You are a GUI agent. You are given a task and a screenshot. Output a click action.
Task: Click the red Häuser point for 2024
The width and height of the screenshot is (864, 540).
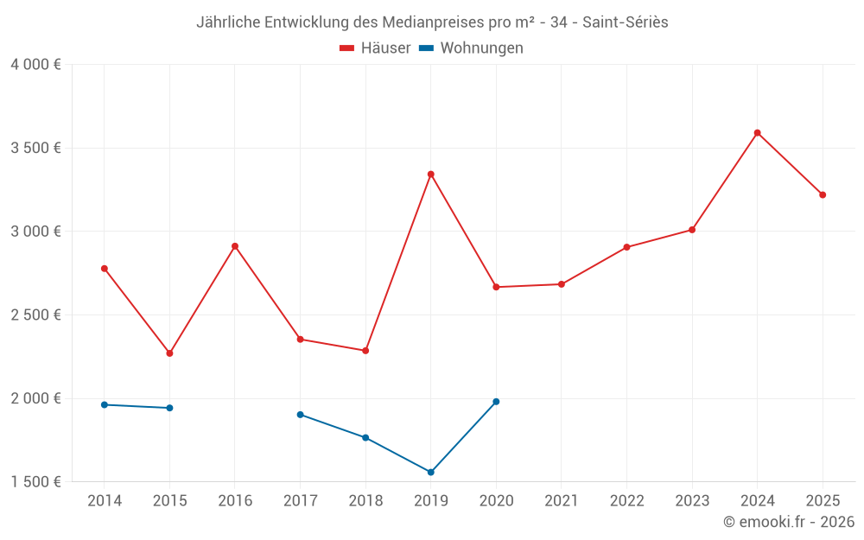(x=757, y=133)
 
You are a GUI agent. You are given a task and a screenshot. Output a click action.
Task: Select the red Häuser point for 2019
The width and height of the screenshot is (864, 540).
(x=430, y=175)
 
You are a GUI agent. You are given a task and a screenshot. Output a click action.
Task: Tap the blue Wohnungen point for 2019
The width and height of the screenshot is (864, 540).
(x=430, y=473)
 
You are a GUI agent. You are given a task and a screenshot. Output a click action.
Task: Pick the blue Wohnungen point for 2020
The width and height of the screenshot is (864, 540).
(x=496, y=402)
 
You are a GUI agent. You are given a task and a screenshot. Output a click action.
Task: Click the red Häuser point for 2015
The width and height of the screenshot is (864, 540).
(x=169, y=353)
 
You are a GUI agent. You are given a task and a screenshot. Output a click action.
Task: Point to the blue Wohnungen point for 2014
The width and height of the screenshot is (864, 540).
(x=105, y=405)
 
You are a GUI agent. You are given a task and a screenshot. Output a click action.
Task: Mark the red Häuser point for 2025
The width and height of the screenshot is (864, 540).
(x=823, y=195)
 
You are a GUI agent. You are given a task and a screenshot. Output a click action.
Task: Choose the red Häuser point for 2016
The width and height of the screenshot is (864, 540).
(x=235, y=246)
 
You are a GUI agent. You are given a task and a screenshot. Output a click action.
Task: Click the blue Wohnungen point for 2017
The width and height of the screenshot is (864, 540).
(x=300, y=415)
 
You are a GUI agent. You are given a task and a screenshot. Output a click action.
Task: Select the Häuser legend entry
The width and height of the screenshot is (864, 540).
(x=375, y=48)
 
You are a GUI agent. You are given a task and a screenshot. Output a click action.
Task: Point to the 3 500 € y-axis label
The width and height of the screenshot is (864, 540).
(x=35, y=148)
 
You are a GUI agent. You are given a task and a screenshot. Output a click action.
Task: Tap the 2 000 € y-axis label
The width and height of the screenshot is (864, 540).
(x=35, y=398)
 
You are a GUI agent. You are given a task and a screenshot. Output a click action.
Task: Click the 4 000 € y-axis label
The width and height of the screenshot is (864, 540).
(x=35, y=65)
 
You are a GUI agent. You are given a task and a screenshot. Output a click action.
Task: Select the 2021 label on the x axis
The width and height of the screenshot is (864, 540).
(x=561, y=501)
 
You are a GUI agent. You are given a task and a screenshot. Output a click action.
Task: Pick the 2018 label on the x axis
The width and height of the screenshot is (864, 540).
(x=365, y=501)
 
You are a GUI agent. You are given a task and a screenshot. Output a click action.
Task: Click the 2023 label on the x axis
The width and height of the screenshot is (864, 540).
(x=691, y=501)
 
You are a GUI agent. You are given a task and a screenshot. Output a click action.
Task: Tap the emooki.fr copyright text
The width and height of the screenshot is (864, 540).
(x=789, y=522)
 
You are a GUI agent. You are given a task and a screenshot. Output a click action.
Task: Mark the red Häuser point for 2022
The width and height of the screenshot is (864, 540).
(x=626, y=247)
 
